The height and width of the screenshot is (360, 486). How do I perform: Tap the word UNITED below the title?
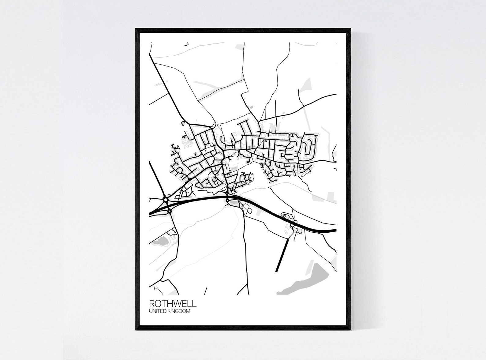[158, 311]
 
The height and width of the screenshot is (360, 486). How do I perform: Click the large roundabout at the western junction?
[166, 200]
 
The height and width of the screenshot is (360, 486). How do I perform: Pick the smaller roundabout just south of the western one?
[169, 211]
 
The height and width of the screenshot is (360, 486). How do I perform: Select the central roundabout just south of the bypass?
[227, 201]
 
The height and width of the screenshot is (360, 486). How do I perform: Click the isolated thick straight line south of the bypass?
[282, 255]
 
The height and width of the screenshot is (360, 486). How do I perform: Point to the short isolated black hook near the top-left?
[185, 45]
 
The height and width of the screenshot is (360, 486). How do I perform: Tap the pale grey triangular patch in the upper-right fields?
[306, 85]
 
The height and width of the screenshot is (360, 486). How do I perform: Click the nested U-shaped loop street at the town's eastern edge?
[309, 146]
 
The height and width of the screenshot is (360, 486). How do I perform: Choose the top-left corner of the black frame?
[136, 29]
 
